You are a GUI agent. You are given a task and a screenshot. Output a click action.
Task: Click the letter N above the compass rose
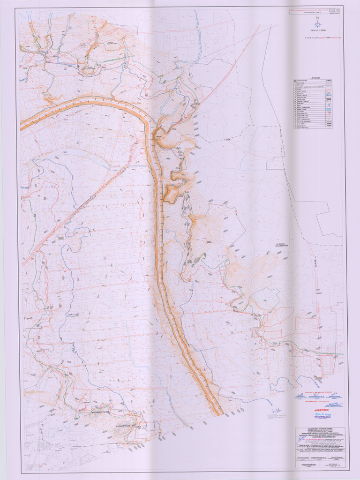click(x=318, y=18)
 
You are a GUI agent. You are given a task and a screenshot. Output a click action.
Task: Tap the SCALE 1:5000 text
click(x=318, y=30)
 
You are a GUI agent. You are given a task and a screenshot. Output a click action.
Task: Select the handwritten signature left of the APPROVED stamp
click(x=272, y=411)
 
